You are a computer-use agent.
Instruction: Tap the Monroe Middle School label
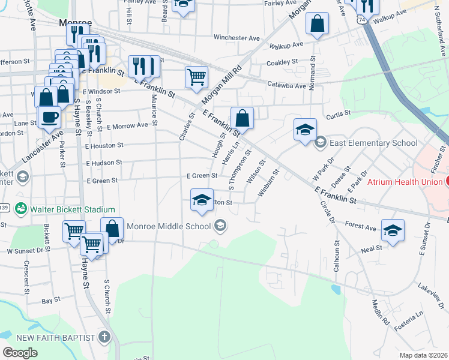tap(169, 226)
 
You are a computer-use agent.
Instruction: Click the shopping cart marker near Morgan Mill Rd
tap(197, 77)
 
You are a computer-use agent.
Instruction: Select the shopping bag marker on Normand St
tap(317, 24)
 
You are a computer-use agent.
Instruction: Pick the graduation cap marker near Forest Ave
tap(393, 230)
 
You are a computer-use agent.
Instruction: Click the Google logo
tap(20, 353)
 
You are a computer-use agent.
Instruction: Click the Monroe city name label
tap(74, 22)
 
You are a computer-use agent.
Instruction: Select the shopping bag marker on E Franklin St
tap(242, 117)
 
